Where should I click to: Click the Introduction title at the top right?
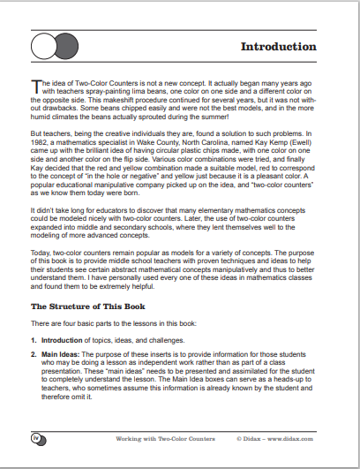tap(279, 46)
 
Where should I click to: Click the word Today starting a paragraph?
tap(41, 253)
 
